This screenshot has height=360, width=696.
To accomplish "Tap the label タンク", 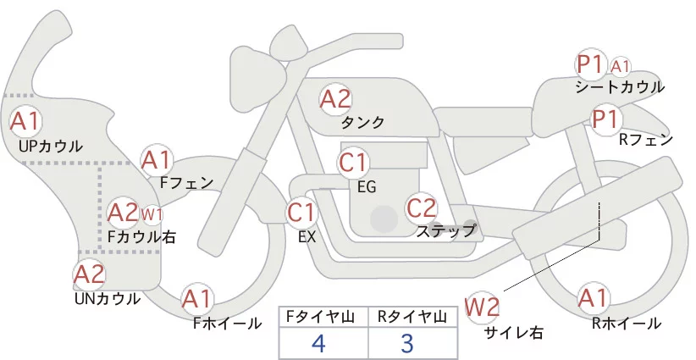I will click(362, 123).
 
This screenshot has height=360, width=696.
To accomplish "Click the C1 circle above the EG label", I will click(354, 162).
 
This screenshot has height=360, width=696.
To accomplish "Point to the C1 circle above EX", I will click(302, 211).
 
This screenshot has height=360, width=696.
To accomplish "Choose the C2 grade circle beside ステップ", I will click(421, 208).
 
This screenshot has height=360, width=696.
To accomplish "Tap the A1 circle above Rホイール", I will click(593, 298).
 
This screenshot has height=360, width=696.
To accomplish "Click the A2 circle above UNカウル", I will click(89, 274).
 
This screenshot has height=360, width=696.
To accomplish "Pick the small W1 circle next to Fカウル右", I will click(152, 213).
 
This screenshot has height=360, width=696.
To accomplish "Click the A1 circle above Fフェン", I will click(157, 159).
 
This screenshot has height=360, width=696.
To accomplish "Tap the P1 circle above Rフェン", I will click(605, 119).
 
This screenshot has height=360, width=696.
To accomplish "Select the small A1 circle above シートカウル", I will click(621, 65).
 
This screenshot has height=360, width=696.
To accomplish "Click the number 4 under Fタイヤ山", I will click(318, 343).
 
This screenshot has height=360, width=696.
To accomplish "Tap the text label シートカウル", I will click(620, 86).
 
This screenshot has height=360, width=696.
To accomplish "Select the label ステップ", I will click(445, 230).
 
